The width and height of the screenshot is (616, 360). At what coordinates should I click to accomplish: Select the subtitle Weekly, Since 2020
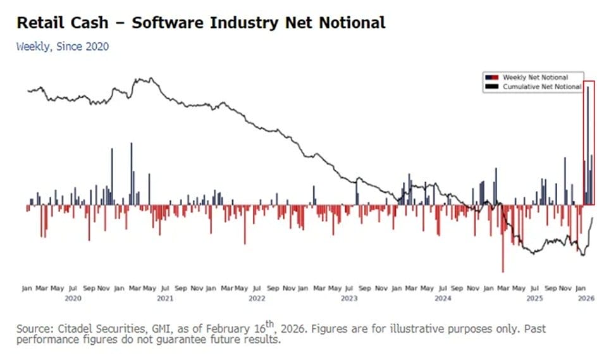pyautogui.click(x=62, y=46)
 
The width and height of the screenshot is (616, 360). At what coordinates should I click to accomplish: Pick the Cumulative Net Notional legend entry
pyautogui.click(x=541, y=86)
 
